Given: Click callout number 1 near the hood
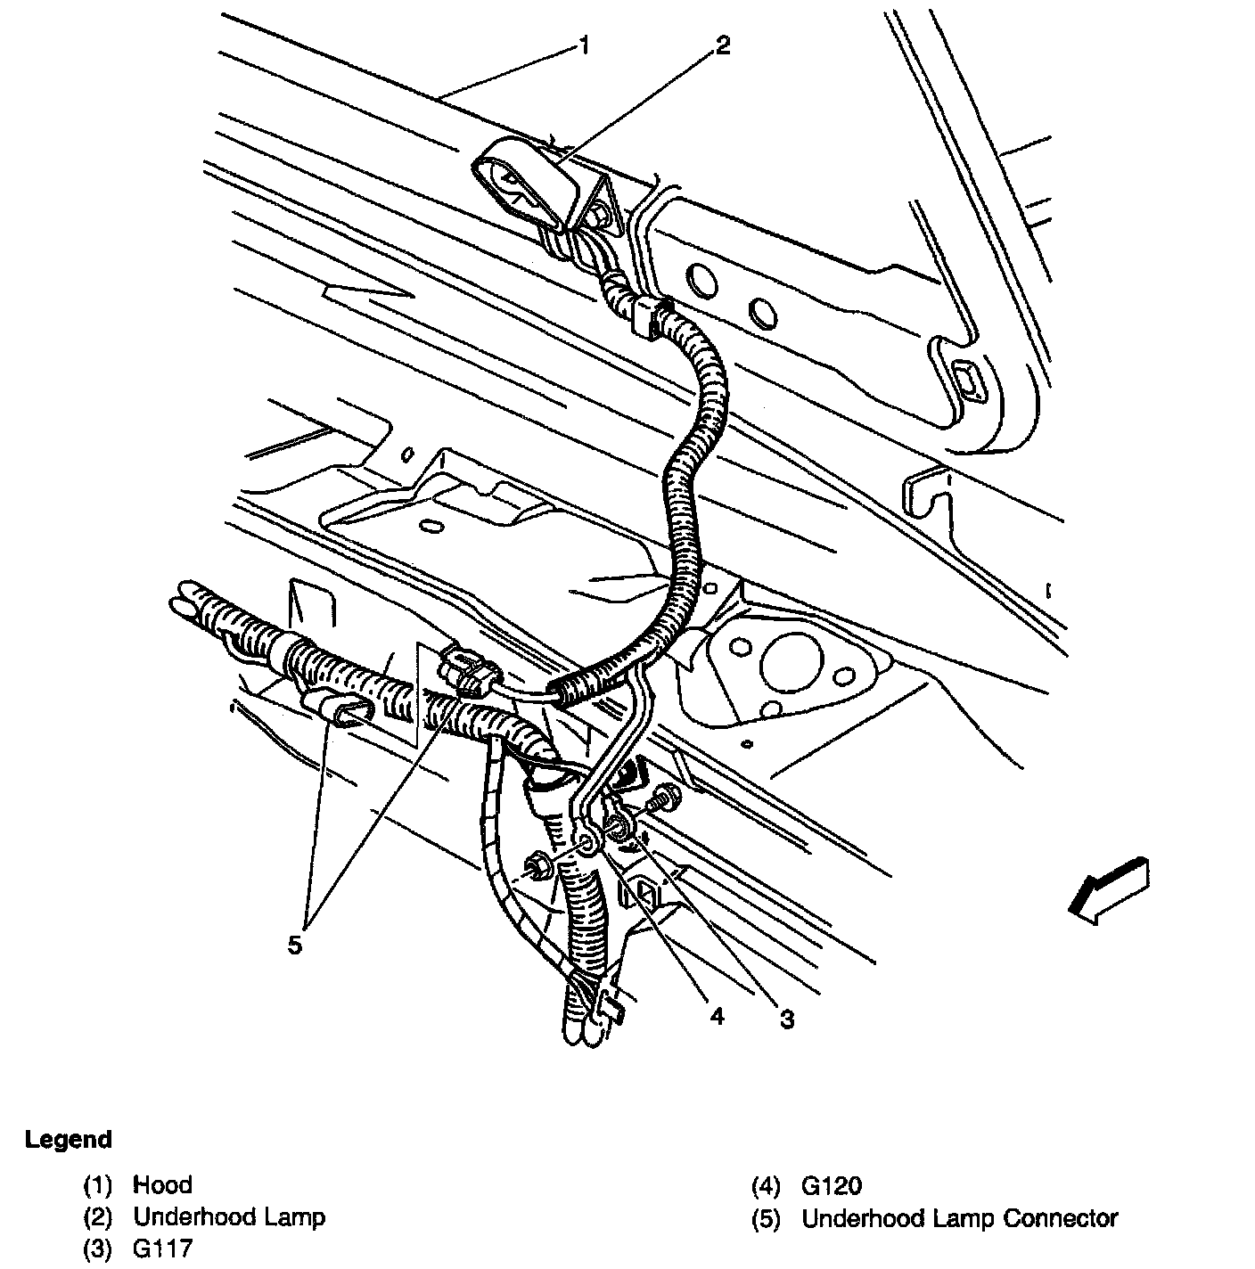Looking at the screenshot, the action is [x=584, y=45].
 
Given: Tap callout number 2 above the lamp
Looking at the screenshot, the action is [x=722, y=45].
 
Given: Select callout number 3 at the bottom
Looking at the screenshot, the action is [x=786, y=1019].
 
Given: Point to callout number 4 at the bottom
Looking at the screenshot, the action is [x=718, y=1016].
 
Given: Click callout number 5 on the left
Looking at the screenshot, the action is [x=295, y=944].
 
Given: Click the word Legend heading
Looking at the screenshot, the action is [x=69, y=1140].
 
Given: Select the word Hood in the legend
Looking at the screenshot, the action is [x=162, y=1185].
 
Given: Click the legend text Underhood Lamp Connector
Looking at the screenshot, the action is [x=960, y=1218].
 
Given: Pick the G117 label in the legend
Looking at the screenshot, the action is [x=163, y=1249].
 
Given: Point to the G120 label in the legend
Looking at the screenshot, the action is [x=832, y=1186].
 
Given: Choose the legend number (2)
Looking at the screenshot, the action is [x=98, y=1217].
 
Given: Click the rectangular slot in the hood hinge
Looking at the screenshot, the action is [x=965, y=379].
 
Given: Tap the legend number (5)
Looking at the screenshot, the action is [x=767, y=1218].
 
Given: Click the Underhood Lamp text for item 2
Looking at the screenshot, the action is [x=229, y=1217].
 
